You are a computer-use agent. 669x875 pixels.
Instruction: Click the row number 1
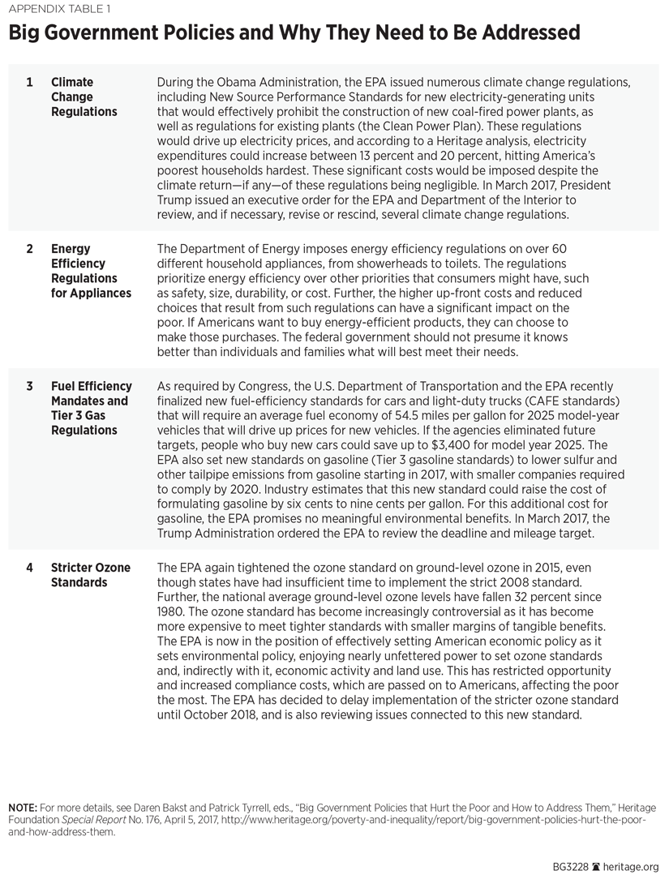pos(30,83)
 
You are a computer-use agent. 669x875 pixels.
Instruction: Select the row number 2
pos(30,249)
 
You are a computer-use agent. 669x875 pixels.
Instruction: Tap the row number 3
pos(30,387)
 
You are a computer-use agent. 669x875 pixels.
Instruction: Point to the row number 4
pos(30,568)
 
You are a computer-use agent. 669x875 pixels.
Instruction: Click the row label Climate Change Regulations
pos(84,97)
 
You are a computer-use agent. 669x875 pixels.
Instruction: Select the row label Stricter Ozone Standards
pos(90,575)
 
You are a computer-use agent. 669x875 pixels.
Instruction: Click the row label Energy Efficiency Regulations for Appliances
pos(90,271)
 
